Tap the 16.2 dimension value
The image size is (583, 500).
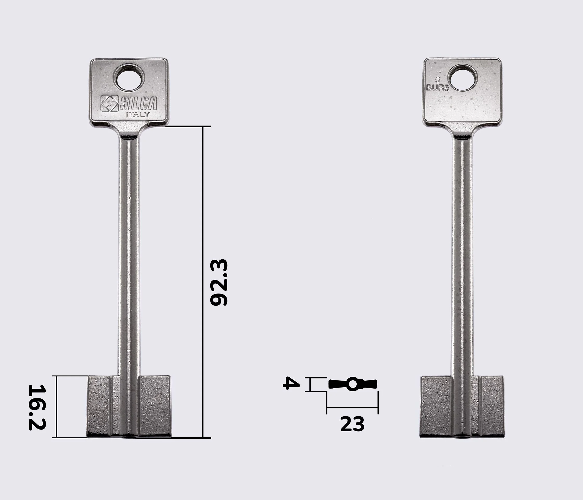click(37, 407)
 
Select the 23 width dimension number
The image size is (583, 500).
click(352, 424)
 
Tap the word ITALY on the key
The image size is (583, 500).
click(138, 115)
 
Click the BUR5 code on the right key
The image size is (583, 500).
click(438, 88)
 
